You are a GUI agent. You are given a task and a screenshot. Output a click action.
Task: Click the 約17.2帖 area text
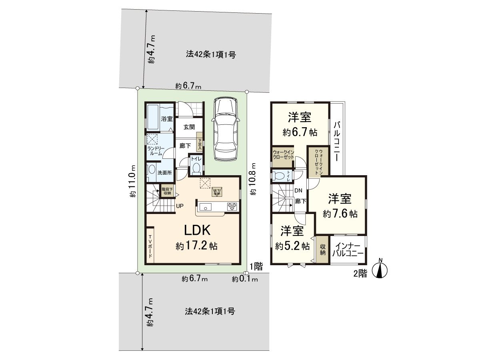(x=196, y=246)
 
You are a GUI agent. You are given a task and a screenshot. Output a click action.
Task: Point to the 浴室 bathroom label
(x=166, y=119)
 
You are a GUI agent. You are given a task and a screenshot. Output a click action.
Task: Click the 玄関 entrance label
(x=189, y=127)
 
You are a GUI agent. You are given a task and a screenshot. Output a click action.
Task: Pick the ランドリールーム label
(x=154, y=151)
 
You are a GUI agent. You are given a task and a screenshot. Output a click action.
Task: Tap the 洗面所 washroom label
(x=164, y=173)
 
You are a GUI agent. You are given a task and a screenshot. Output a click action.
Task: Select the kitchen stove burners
(x=232, y=207)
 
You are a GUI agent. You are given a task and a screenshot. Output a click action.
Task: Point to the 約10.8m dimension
(x=253, y=179)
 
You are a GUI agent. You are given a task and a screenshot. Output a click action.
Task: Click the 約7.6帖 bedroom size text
(x=340, y=214)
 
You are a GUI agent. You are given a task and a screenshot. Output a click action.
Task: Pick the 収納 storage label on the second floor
(x=322, y=250)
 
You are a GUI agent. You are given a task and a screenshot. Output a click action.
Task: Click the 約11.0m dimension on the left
(x=133, y=182)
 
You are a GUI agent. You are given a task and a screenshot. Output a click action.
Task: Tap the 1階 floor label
(x=256, y=266)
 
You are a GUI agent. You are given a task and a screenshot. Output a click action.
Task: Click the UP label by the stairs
(x=180, y=206)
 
